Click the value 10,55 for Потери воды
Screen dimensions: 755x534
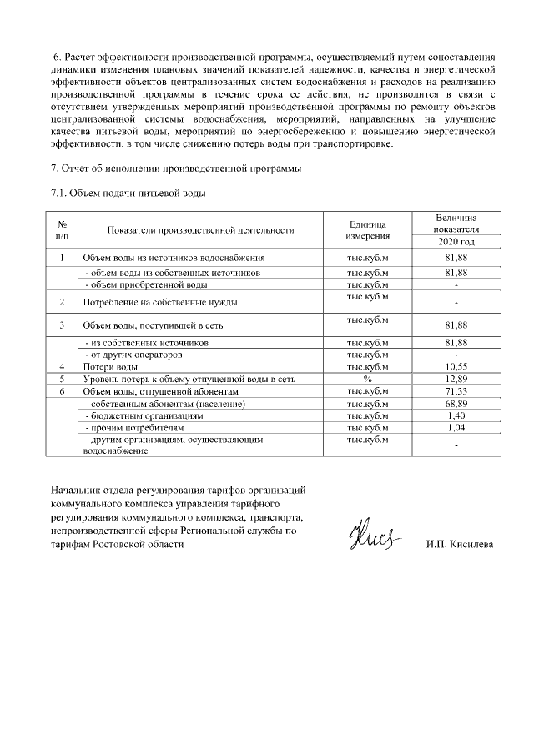point(456,367)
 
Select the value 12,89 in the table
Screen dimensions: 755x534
point(456,379)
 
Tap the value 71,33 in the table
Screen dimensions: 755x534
point(456,391)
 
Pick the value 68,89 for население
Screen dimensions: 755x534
point(456,404)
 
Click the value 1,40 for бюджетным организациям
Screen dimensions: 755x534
point(456,415)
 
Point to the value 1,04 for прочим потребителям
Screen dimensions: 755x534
point(456,427)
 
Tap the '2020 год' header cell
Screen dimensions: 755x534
point(456,242)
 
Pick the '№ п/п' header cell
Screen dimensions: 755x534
point(62,231)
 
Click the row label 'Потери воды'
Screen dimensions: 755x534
point(109,367)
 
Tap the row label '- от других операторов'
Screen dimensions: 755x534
point(128,355)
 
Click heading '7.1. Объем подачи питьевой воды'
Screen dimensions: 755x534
point(128,194)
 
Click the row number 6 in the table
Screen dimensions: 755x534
point(62,391)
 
